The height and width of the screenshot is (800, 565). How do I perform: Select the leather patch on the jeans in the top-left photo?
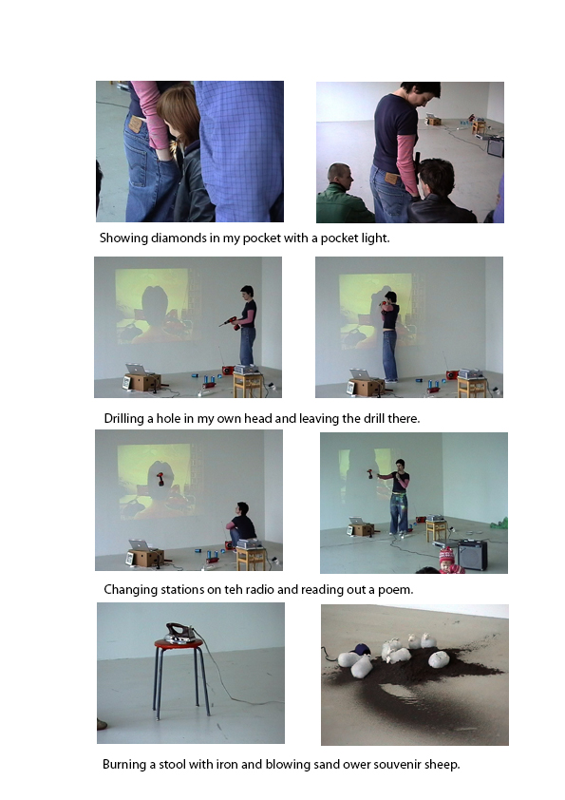tap(135, 124)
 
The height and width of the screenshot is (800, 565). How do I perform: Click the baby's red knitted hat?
tap(446, 555)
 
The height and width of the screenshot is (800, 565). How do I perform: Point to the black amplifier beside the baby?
tap(472, 555)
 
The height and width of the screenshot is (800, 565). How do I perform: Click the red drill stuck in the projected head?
tap(160, 479)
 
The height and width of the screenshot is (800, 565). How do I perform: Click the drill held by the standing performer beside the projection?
tap(229, 322)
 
